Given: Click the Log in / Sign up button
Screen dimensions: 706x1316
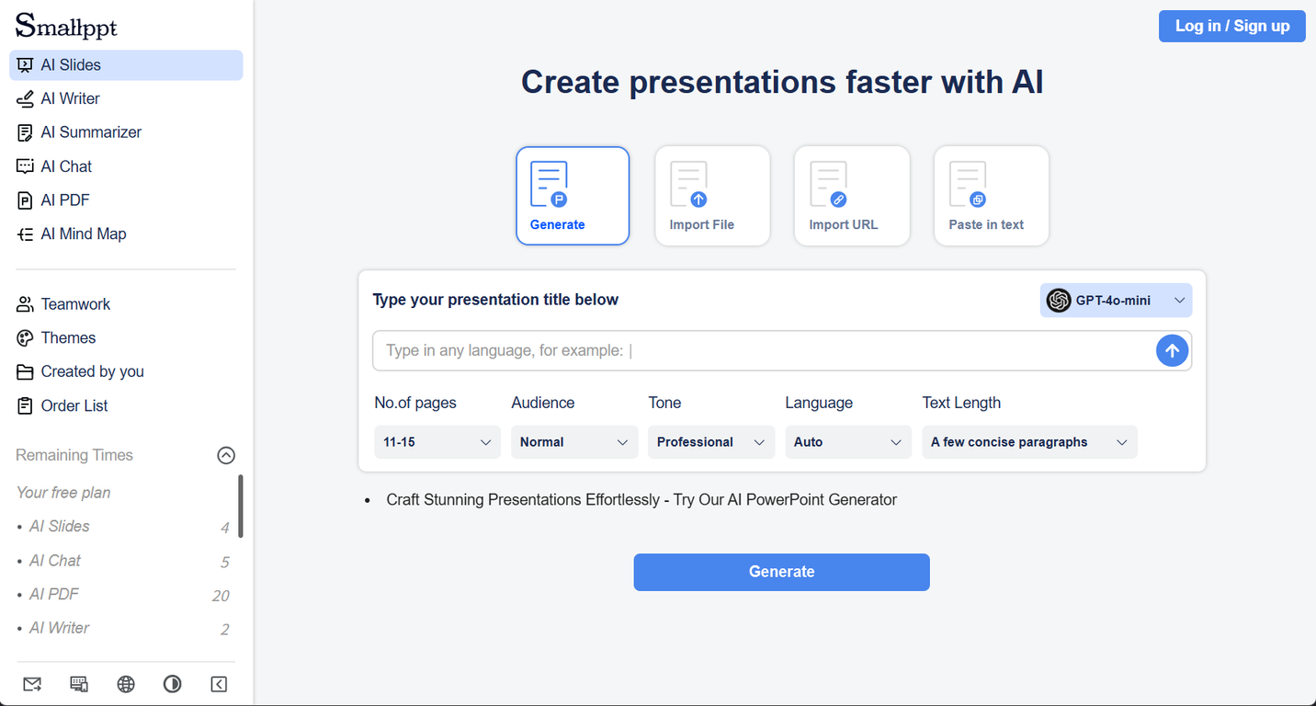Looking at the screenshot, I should pyautogui.click(x=1231, y=26).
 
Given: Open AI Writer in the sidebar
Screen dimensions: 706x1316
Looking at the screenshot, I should pyautogui.click(x=70, y=98).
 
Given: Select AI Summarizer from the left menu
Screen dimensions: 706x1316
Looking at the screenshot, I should pyautogui.click(x=90, y=132).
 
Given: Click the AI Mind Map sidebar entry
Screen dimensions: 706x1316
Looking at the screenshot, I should pyautogui.click(x=83, y=233).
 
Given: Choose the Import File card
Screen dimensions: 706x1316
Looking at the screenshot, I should pyautogui.click(x=711, y=196).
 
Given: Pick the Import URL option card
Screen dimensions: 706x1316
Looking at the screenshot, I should pyautogui.click(x=851, y=196).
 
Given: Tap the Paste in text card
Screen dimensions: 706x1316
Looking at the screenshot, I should pyautogui.click(x=991, y=196).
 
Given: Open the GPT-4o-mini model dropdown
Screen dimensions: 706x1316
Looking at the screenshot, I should pyautogui.click(x=1116, y=301).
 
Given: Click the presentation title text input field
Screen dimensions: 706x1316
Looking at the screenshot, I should pyautogui.click(x=763, y=350).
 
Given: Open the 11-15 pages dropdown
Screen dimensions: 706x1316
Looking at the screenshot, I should pyautogui.click(x=437, y=442).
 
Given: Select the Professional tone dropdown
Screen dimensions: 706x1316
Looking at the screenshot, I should pyautogui.click(x=710, y=442).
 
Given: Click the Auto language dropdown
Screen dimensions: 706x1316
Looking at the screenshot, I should pyautogui.click(x=847, y=442).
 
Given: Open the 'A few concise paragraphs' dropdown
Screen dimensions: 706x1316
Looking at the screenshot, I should pyautogui.click(x=1028, y=442).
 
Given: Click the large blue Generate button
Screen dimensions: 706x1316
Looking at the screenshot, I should pyautogui.click(x=781, y=572).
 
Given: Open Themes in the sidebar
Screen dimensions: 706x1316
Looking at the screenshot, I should pyautogui.click(x=68, y=337).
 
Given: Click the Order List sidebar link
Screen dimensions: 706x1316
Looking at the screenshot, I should pyautogui.click(x=74, y=405).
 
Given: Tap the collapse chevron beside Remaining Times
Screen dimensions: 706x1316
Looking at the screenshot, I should pyautogui.click(x=226, y=455).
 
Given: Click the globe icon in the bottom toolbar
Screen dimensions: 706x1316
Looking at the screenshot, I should pyautogui.click(x=126, y=684).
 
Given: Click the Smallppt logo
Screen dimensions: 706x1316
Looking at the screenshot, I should pyautogui.click(x=66, y=26).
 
